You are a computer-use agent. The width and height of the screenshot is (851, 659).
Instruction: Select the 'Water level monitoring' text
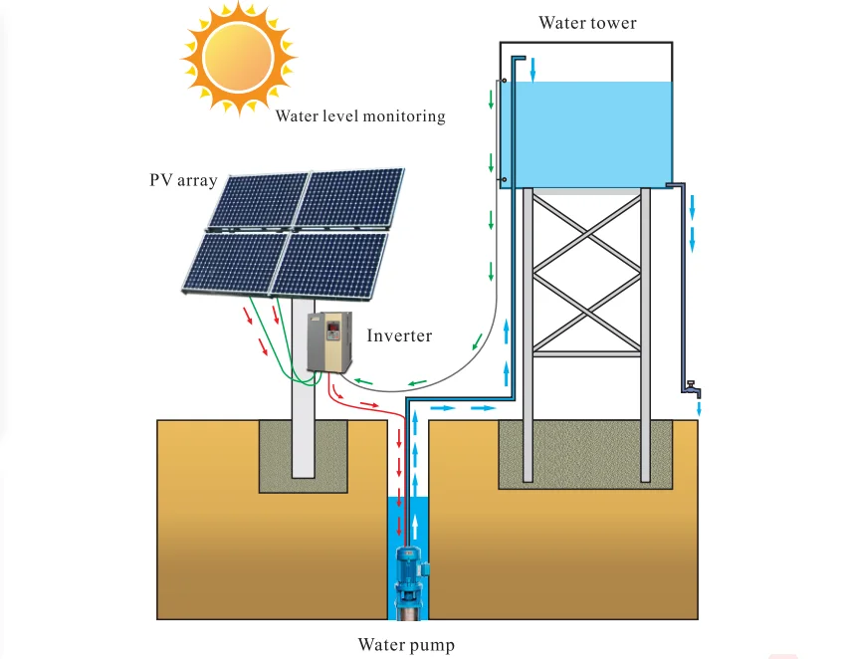(x=360, y=116)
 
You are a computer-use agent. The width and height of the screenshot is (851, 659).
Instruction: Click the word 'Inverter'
(x=399, y=335)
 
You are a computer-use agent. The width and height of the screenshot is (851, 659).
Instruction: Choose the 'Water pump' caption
(x=406, y=645)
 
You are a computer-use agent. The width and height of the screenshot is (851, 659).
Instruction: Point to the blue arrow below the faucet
(x=700, y=407)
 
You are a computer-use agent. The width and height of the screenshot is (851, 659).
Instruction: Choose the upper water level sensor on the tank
(x=505, y=82)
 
